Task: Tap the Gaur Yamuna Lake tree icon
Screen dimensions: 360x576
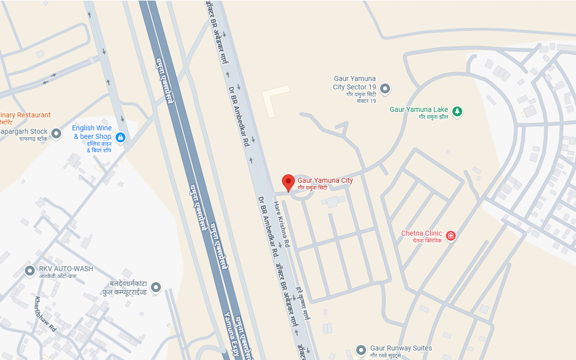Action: click(457, 111)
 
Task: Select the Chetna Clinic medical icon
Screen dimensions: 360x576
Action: click(450, 236)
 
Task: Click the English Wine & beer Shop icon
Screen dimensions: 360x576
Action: click(120, 137)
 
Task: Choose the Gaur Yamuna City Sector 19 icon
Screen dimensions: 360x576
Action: click(385, 89)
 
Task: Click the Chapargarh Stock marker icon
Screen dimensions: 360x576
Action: click(56, 134)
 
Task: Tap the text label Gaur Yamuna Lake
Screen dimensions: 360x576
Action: click(419, 109)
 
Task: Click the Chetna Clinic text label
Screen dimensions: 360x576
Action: click(422, 233)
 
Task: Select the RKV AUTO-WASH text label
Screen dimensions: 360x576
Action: click(66, 269)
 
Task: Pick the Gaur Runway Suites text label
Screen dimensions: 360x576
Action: click(401, 348)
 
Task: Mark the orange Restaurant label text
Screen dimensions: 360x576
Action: click(26, 115)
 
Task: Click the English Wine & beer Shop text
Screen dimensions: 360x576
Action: click(92, 132)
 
